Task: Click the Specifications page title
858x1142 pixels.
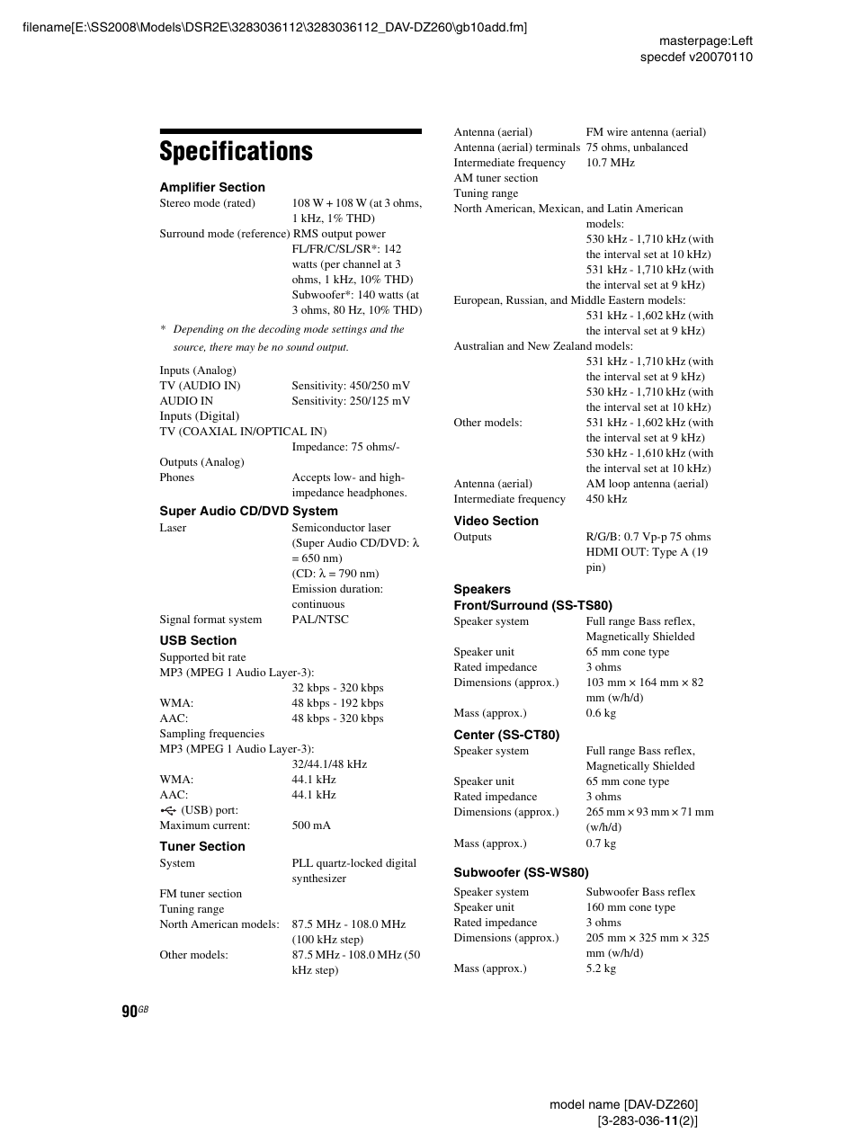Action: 237,151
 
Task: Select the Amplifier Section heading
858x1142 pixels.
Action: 212,187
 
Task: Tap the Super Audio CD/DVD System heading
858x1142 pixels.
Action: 248,511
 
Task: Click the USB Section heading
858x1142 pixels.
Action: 198,640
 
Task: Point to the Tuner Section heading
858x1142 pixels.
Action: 202,846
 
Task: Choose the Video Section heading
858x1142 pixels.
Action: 496,521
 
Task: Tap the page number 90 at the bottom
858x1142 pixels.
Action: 130,1012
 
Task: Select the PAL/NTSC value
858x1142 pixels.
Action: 320,620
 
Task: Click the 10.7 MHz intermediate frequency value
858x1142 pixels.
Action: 610,163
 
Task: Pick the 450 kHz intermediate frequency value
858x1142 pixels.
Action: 606,499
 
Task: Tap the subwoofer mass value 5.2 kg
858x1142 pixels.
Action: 601,968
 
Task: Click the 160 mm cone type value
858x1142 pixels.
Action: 630,907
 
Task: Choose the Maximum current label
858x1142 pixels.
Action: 204,825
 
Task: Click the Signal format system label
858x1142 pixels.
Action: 210,620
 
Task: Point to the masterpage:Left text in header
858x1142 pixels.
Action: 705,40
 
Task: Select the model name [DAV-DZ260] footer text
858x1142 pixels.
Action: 623,1104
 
